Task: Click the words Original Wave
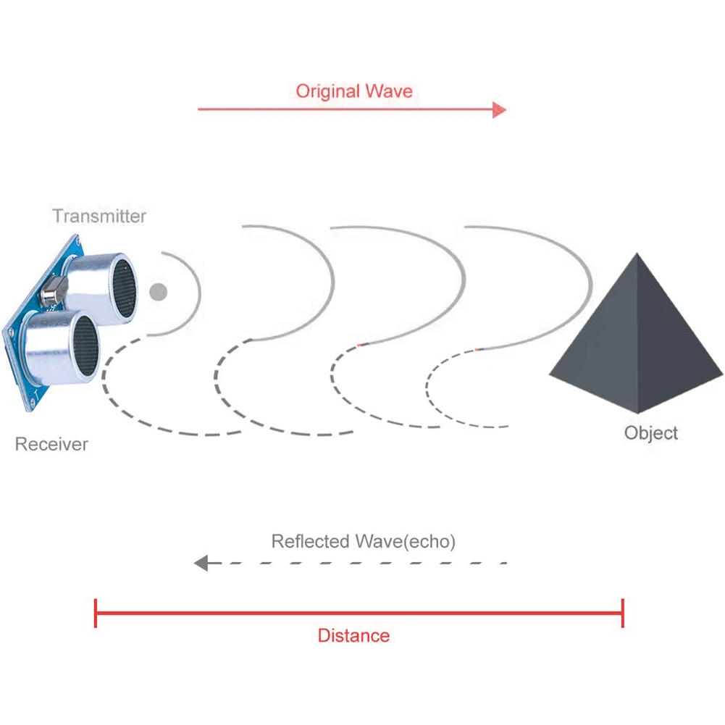(353, 91)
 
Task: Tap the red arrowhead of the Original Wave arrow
(499, 110)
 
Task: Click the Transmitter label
(99, 216)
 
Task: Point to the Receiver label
(51, 444)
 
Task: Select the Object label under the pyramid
(650, 433)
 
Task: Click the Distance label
(353, 636)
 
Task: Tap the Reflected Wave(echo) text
(363, 541)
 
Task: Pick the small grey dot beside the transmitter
(158, 292)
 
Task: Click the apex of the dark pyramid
(637, 254)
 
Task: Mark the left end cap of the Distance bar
(96, 613)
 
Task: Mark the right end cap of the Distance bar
(623, 613)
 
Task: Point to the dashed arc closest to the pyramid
(427, 384)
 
